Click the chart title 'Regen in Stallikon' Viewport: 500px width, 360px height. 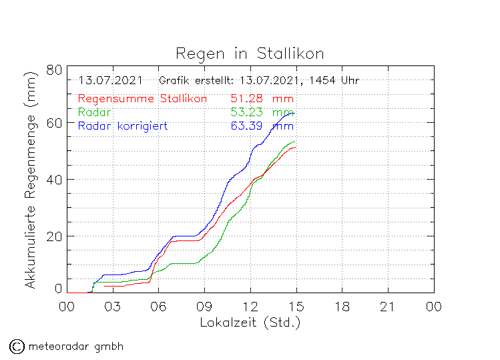coord(250,53)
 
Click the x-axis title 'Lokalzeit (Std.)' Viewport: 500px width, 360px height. coord(250,323)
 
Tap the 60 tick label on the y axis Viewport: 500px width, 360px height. coord(55,123)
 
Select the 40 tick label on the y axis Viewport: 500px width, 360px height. coord(55,180)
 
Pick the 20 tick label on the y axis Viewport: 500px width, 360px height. coord(55,236)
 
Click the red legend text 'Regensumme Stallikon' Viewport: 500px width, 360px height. coord(142,99)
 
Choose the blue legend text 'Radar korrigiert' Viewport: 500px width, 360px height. coord(122,126)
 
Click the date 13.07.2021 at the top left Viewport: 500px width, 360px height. coord(110,81)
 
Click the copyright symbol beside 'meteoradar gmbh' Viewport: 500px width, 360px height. coord(17,346)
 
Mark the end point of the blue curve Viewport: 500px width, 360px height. coord(294,114)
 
